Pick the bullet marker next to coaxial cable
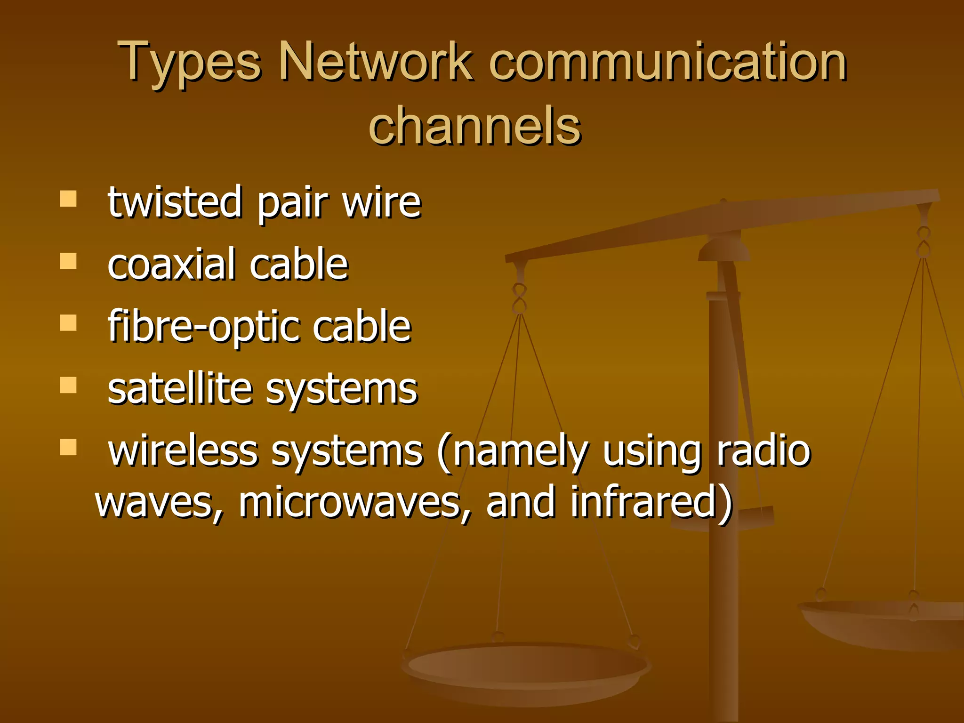(x=68, y=261)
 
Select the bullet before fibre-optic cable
(x=68, y=323)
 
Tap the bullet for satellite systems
(x=68, y=385)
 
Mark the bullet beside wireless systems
(x=68, y=447)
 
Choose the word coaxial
(x=171, y=265)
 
